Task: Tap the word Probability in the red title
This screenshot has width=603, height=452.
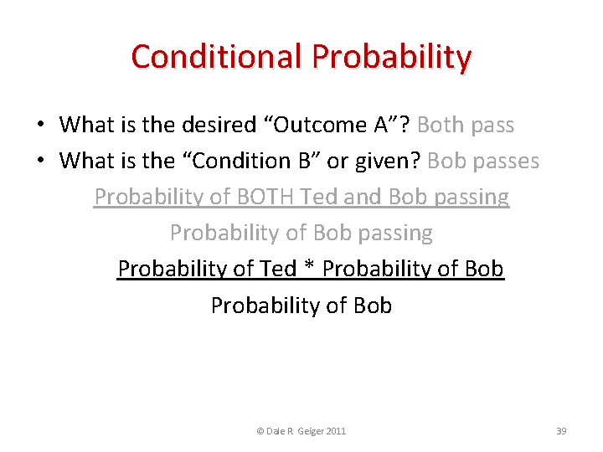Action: (x=392, y=57)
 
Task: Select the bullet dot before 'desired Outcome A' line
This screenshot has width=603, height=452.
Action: (x=40, y=126)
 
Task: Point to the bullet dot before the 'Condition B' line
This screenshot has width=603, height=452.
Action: (x=40, y=161)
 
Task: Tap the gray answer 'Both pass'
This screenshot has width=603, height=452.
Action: (x=465, y=126)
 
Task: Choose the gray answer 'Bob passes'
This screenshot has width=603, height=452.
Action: (x=482, y=161)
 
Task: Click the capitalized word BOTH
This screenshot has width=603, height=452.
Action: (x=260, y=197)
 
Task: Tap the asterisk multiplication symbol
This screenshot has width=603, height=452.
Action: (x=309, y=269)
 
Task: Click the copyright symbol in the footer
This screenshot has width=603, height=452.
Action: (x=260, y=431)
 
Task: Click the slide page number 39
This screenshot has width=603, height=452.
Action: (x=561, y=431)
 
